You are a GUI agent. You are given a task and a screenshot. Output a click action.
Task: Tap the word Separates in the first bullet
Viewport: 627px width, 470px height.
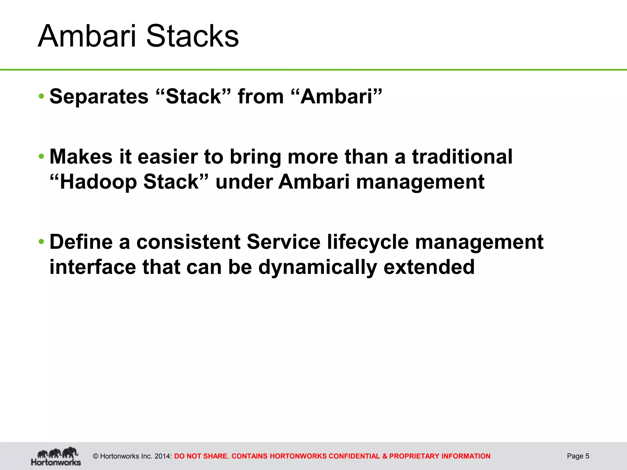[x=99, y=96]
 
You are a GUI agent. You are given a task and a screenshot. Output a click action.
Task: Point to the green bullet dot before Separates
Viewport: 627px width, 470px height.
[x=42, y=97]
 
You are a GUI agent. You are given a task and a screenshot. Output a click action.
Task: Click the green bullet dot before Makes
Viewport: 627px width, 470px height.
[x=42, y=157]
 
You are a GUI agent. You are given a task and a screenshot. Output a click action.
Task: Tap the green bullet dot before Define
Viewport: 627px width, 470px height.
[x=42, y=242]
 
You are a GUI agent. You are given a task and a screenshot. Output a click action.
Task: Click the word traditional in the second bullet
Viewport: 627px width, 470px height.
[x=462, y=157]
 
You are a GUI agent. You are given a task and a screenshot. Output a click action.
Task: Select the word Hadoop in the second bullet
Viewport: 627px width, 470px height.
[x=98, y=182]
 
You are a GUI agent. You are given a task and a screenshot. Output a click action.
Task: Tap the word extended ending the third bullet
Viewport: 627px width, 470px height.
[x=429, y=267]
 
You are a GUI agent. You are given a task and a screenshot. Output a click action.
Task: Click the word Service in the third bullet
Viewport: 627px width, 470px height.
[x=283, y=242]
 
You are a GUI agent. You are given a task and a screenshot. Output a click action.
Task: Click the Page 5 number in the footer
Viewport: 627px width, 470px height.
[x=578, y=456]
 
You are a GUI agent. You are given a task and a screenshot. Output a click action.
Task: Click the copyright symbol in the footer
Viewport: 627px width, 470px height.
[x=96, y=456]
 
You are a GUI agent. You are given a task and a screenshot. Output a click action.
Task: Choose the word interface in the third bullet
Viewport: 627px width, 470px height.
[x=93, y=267]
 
